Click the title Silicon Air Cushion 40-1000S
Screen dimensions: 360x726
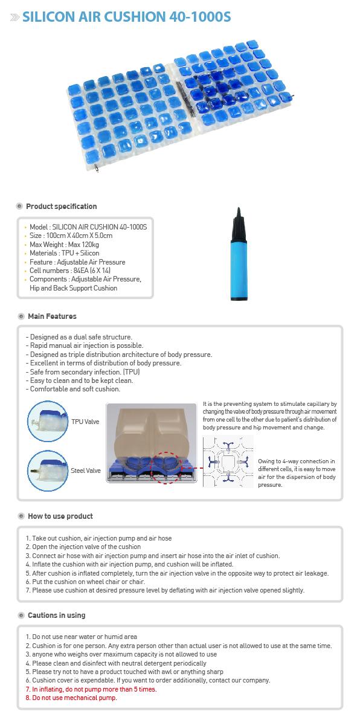pyautogui.click(x=126, y=17)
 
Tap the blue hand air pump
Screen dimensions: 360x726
pyautogui.click(x=239, y=254)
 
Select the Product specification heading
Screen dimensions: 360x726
pyautogui.click(x=61, y=207)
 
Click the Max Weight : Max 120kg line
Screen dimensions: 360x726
pyautogui.click(x=64, y=245)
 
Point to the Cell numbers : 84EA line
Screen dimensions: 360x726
pyautogui.click(x=70, y=271)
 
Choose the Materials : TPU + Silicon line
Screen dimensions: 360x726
pyautogui.click(x=64, y=253)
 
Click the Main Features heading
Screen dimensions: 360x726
pyautogui.click(x=52, y=316)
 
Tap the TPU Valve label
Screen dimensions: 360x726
pyautogui.click(x=85, y=422)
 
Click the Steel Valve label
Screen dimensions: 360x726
pyautogui.click(x=86, y=471)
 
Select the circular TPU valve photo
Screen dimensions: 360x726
pyautogui.click(x=48, y=422)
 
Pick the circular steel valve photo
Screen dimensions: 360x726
pyautogui.click(x=48, y=471)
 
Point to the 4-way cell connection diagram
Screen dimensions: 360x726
pyautogui.click(x=228, y=461)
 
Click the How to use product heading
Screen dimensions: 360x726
pyautogui.click(x=60, y=516)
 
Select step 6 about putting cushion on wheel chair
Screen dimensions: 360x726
pyautogui.click(x=85, y=582)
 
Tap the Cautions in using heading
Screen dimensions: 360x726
pyautogui.click(x=56, y=615)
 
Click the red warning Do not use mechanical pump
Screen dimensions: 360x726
pyautogui.click(x=71, y=698)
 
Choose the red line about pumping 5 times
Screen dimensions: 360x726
pyautogui.click(x=91, y=689)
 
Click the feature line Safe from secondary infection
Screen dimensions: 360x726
pyautogui.click(x=83, y=371)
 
